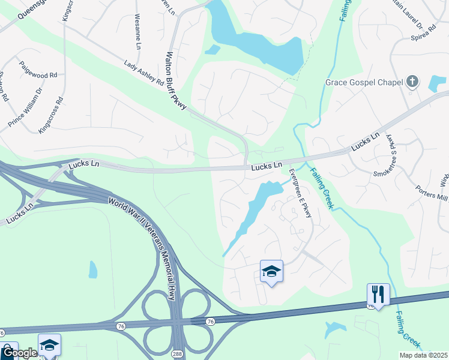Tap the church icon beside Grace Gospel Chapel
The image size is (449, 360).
(x=412, y=82)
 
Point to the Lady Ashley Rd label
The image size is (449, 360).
(x=144, y=72)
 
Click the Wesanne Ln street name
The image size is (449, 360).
(x=137, y=32)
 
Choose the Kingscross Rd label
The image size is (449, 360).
(x=50, y=115)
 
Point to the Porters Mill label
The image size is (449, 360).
(x=432, y=194)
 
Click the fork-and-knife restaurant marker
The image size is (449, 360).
(x=378, y=295)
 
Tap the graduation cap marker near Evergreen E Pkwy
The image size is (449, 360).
(x=271, y=272)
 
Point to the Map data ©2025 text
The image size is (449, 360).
(x=423, y=355)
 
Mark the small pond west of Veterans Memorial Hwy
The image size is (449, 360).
(x=93, y=269)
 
